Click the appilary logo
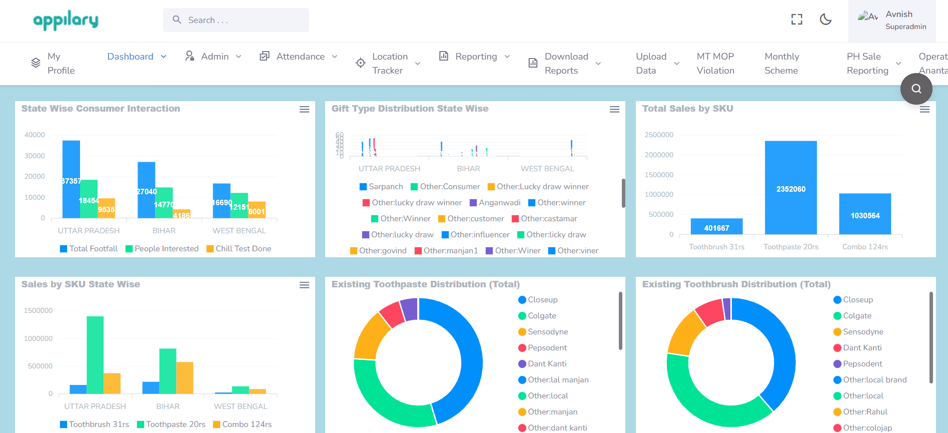click(66, 20)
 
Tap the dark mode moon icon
click(825, 20)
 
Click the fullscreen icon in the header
click(796, 20)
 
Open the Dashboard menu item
click(130, 57)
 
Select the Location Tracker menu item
click(390, 64)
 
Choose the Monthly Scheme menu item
click(781, 64)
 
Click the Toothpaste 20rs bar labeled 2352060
click(790, 188)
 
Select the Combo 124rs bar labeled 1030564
click(864, 214)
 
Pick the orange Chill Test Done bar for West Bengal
click(257, 210)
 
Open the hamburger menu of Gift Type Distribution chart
click(614, 109)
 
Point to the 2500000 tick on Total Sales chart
click(659, 135)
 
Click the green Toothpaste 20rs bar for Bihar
click(168, 370)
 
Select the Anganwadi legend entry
click(499, 203)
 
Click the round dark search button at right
click(916, 89)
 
